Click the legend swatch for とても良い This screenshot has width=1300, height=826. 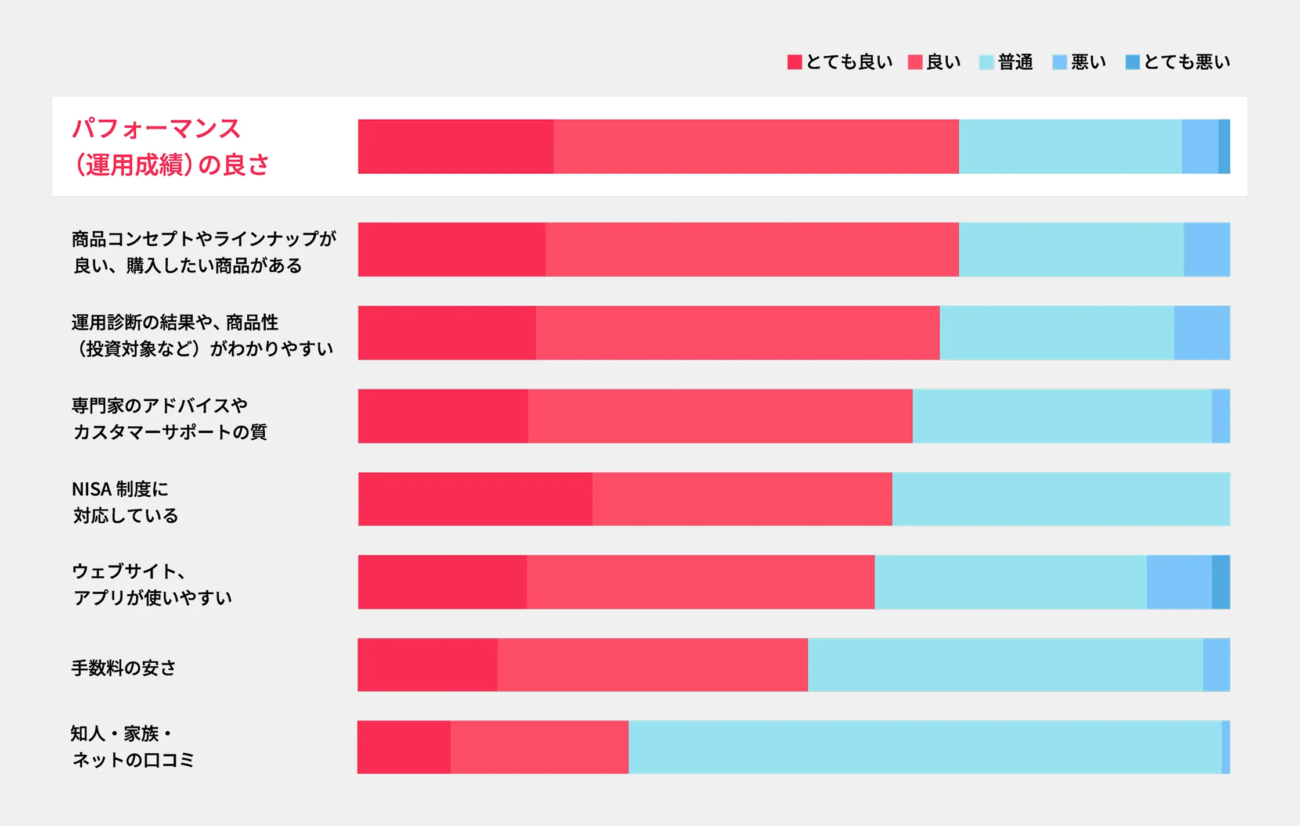(x=795, y=62)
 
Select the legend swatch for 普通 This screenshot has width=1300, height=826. (x=986, y=62)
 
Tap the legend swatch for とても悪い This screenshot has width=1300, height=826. (x=1132, y=62)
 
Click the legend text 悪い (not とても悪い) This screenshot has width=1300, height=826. (x=1088, y=62)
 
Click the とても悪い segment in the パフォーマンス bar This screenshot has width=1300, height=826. (x=1224, y=146)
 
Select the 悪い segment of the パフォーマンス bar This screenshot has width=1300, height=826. (x=1200, y=146)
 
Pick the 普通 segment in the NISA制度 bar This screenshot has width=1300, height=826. (x=1061, y=499)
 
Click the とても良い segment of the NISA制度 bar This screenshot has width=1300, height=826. (x=475, y=499)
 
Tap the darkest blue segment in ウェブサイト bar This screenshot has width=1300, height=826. (x=1220, y=582)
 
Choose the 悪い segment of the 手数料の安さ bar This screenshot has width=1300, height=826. (x=1216, y=665)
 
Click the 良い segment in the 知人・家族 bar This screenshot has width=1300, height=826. (x=539, y=748)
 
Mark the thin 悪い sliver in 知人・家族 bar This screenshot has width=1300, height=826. (x=1226, y=748)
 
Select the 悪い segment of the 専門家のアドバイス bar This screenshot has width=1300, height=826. (x=1221, y=416)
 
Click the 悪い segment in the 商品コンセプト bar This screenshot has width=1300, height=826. (x=1207, y=250)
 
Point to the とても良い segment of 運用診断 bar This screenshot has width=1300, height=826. (x=447, y=333)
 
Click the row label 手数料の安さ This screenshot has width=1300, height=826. (x=124, y=668)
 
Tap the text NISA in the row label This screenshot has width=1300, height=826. (x=92, y=489)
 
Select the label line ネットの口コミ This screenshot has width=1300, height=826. (x=133, y=760)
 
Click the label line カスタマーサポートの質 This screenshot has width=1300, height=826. (x=170, y=432)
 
